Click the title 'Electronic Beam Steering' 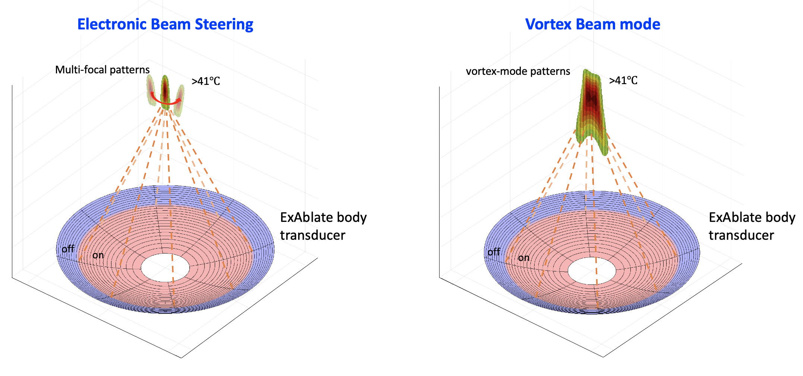point(165,24)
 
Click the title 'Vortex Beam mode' point(592,24)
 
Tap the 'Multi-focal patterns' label point(102,70)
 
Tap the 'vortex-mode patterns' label point(518,71)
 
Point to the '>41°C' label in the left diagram point(206,81)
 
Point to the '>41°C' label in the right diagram point(623,80)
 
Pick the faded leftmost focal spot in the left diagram point(151,89)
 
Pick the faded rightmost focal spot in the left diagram point(180,100)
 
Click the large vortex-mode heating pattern point(591,108)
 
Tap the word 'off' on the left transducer point(68,249)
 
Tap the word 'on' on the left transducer point(98,255)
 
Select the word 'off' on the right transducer point(494,252)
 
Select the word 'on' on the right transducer point(524,258)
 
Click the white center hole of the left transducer point(165,267)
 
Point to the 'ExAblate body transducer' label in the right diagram point(752,226)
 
